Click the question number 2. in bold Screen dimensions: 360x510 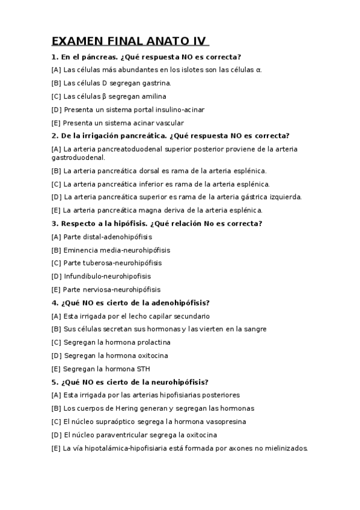pos(55,135)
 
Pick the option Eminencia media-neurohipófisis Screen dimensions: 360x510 pos(111,250)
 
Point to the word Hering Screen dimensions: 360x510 pos(133,408)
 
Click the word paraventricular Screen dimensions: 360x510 pos(121,435)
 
